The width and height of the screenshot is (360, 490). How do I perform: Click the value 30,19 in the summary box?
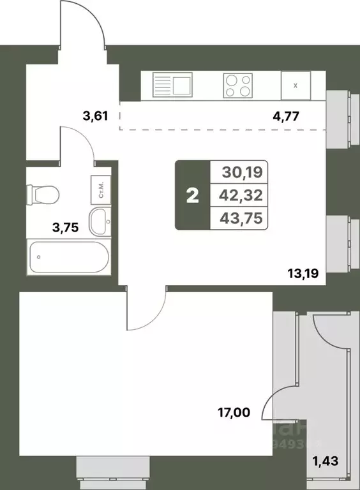point(243,172)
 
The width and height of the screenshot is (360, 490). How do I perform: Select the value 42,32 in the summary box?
point(243,195)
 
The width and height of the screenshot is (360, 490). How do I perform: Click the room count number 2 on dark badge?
point(192,195)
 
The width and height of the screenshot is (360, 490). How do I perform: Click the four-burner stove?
point(237,85)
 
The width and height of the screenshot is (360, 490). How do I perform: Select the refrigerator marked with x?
point(295,85)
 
